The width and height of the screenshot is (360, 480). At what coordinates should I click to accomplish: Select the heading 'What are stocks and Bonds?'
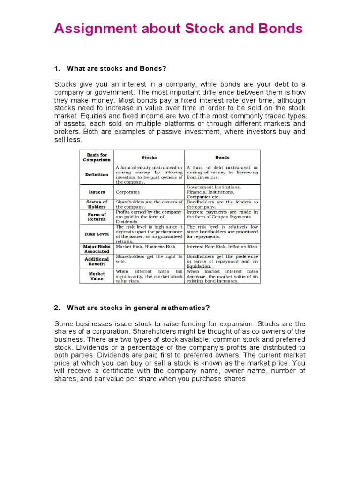(x=117, y=69)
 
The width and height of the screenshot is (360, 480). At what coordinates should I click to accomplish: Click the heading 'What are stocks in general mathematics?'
(x=138, y=308)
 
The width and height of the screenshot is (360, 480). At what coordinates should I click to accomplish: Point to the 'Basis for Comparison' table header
(x=97, y=157)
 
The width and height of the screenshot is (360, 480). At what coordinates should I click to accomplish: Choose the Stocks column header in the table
(x=149, y=157)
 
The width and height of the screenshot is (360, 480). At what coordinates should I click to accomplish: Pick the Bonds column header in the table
(x=222, y=157)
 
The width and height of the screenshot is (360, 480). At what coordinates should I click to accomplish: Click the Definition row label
(x=97, y=175)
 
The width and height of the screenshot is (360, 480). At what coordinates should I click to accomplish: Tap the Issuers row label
(x=97, y=192)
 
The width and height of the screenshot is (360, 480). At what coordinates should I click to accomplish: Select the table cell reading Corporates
(x=128, y=192)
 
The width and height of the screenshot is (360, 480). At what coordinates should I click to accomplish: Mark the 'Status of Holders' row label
(x=97, y=204)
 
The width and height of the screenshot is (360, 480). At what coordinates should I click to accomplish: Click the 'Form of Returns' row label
(x=97, y=217)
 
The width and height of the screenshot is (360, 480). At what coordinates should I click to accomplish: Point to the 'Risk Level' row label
(x=97, y=234)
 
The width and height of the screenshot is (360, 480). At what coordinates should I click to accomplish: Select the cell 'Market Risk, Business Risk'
(x=146, y=246)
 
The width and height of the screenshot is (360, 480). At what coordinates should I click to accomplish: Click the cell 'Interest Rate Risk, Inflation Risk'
(x=222, y=246)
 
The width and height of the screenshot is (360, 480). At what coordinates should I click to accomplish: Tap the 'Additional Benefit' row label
(x=97, y=261)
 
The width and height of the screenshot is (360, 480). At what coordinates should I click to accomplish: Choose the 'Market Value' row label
(x=97, y=276)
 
